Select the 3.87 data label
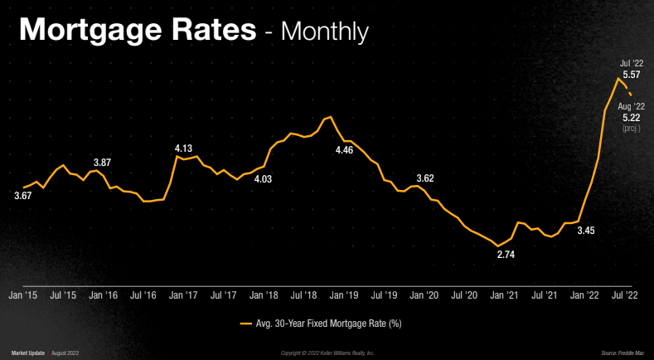click(101, 163)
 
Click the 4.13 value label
click(183, 148)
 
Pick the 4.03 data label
click(263, 178)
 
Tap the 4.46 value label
click(343, 150)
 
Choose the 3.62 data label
click(424, 178)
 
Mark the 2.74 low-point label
click(506, 254)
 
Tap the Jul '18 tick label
click(303, 294)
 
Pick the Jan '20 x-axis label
click(424, 294)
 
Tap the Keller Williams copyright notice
click(327, 353)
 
